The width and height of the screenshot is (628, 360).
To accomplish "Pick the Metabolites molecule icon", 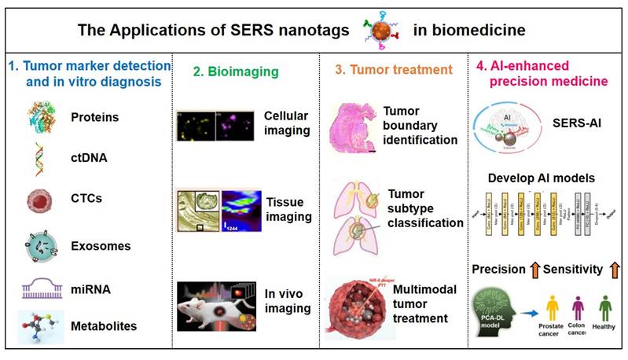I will pyautogui.click(x=39, y=322).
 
